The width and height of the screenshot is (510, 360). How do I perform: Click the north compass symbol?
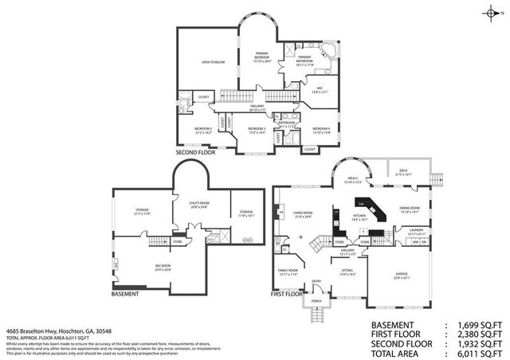(499, 13)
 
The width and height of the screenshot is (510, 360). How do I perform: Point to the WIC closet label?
(319, 89)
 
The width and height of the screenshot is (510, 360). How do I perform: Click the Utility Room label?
(199, 204)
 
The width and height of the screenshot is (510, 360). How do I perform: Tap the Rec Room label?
(163, 268)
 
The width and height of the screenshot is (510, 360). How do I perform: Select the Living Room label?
(303, 214)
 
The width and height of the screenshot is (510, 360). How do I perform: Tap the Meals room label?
(352, 180)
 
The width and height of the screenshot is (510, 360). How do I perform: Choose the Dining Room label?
(409, 210)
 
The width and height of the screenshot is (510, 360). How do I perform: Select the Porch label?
(317, 302)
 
